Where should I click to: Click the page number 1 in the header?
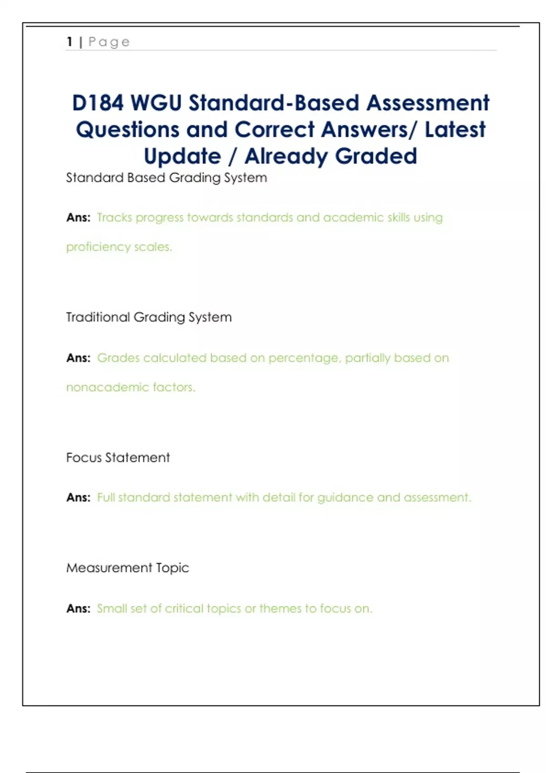coord(70,42)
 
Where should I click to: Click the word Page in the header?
coord(109,42)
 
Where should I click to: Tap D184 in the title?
coord(98,103)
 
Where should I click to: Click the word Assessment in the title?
coord(428,103)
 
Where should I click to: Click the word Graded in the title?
coord(376,156)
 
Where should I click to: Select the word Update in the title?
coord(182,156)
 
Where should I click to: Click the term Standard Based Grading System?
coord(167,178)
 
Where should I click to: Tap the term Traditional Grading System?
coord(149,317)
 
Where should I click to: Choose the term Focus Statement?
coord(118,457)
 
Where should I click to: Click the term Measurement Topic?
coord(127,568)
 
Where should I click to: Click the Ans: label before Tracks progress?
coord(78,218)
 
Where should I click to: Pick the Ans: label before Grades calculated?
coord(78,358)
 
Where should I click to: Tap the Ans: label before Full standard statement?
coord(78,498)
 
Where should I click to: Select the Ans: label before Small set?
coord(78,609)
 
